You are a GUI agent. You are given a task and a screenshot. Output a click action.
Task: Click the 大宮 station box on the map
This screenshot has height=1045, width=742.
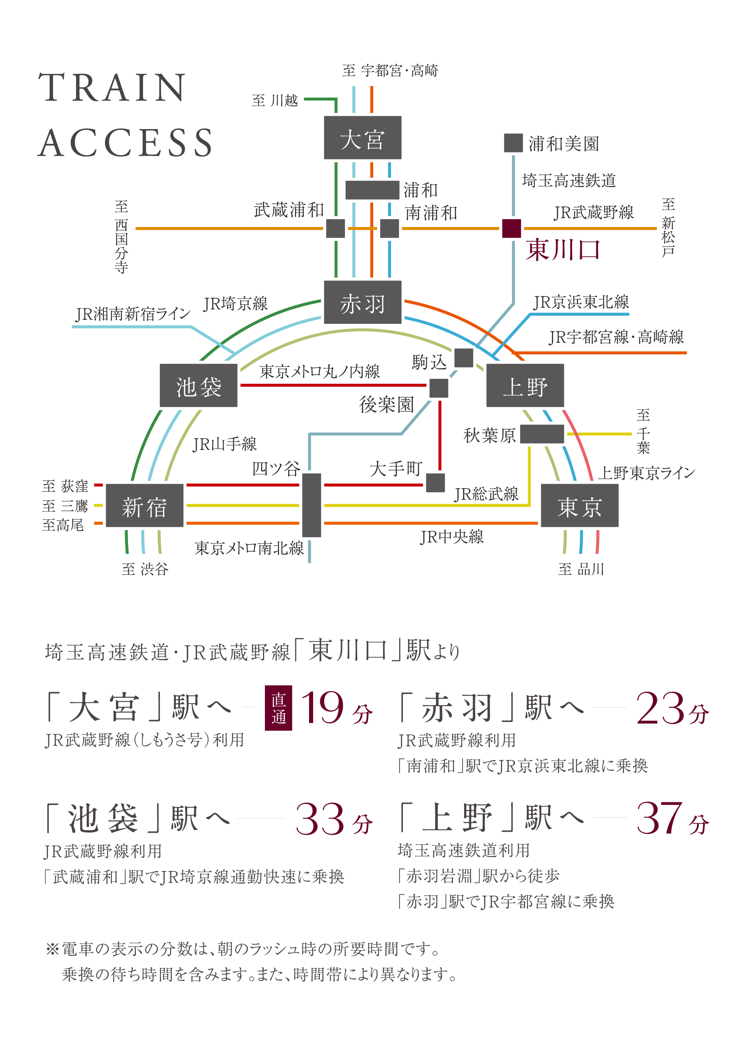[x=362, y=138]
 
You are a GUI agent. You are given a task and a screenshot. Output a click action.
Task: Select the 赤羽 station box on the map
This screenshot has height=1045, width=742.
[x=362, y=302]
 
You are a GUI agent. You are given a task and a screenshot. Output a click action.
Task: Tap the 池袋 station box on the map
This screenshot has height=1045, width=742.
[x=198, y=385]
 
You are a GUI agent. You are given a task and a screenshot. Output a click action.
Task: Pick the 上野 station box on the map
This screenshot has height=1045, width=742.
[x=525, y=385]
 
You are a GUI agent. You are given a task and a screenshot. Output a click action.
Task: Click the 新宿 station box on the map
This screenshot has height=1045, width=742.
[x=144, y=506]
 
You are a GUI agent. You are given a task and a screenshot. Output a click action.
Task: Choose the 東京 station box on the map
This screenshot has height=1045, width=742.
[x=580, y=506]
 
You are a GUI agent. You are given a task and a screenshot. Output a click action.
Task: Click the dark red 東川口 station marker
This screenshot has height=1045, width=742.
[x=511, y=229]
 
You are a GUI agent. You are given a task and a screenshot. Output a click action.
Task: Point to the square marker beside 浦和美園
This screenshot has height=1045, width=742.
[x=513, y=143]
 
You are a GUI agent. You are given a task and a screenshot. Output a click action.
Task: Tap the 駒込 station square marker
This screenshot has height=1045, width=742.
[x=464, y=358]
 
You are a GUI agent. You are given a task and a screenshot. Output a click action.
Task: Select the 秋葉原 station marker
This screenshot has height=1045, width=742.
[x=542, y=434]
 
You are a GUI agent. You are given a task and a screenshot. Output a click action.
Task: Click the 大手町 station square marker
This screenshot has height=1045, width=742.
[x=436, y=483]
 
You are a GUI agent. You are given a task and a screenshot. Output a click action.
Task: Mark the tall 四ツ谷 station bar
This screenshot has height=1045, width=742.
[x=312, y=505]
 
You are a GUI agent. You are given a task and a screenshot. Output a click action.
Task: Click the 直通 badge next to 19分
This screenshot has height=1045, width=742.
[x=278, y=708]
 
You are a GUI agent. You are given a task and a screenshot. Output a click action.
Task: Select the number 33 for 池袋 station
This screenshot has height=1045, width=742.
[x=320, y=819]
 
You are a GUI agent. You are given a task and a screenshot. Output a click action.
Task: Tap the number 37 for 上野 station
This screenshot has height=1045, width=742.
[x=660, y=818]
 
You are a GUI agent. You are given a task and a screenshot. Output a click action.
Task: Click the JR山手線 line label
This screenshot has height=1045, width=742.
[x=224, y=444]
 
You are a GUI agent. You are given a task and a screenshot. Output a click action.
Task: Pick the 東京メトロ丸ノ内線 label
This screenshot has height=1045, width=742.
[x=319, y=371]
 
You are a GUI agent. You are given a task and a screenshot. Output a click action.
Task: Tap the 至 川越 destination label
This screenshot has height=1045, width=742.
[x=275, y=101]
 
